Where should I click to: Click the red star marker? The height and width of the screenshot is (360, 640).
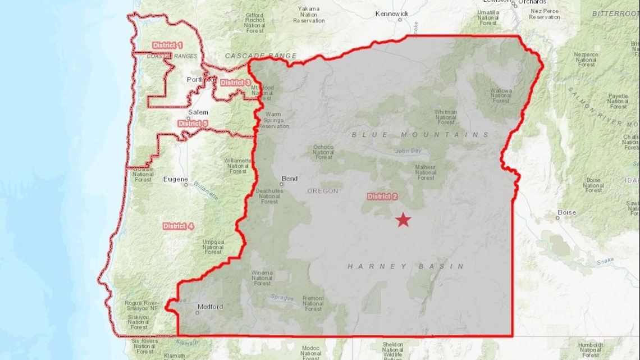pos(403,220)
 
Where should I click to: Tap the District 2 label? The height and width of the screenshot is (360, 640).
pos(382,197)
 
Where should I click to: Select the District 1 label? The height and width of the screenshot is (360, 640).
pos(167,45)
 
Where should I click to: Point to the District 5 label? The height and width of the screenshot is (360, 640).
pos(193,123)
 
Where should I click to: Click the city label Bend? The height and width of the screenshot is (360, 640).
pos(290,179)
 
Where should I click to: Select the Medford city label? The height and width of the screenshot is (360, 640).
pos(210,307)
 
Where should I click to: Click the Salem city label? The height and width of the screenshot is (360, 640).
pos(198,112)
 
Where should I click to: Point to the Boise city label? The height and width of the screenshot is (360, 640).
pos(566,212)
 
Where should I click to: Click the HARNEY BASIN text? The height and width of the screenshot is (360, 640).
pos(406,266)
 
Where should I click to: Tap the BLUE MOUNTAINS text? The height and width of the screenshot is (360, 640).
pos(420,135)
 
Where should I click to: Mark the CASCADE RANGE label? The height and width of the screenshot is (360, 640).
pos(260,56)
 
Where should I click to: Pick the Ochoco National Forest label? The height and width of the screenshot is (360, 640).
pos(323,152)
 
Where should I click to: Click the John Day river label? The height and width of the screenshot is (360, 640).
pos(408,151)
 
